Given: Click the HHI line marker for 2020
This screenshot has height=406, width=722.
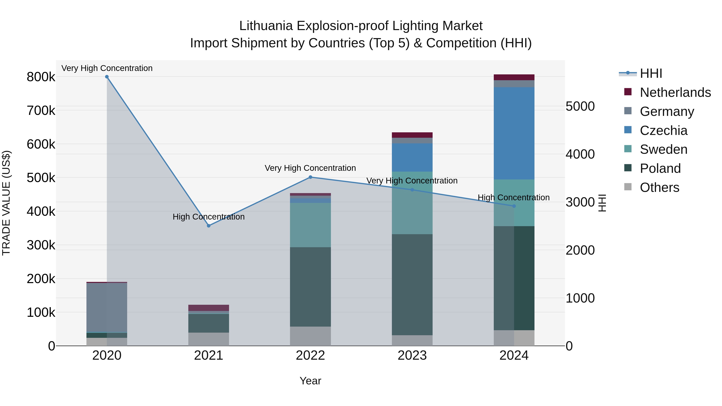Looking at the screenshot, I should (107, 77).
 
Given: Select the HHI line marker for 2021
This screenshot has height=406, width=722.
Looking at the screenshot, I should (209, 226).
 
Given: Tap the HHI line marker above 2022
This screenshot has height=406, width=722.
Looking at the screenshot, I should (310, 177).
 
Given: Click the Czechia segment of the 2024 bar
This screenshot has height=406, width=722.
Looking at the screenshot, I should (514, 133).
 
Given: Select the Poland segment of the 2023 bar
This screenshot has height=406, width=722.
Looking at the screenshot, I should (412, 284).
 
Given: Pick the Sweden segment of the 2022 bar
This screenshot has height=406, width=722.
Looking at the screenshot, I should (310, 225).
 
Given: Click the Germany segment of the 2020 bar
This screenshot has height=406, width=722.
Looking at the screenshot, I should (107, 307).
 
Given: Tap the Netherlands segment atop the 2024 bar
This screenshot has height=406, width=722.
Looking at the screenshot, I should (514, 77).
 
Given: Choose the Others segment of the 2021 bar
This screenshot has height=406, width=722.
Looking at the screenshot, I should (209, 339).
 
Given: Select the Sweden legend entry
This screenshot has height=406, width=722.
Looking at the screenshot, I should (663, 149).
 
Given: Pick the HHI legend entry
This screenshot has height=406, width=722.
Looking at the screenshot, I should (651, 73).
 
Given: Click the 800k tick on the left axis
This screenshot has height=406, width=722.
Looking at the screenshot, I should (41, 77).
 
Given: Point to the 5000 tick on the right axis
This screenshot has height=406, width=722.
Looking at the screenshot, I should (580, 106).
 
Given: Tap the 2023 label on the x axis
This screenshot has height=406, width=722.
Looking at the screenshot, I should (412, 355).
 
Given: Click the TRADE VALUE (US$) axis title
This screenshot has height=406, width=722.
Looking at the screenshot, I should (6, 203).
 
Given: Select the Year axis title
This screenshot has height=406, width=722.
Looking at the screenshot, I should (310, 381).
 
